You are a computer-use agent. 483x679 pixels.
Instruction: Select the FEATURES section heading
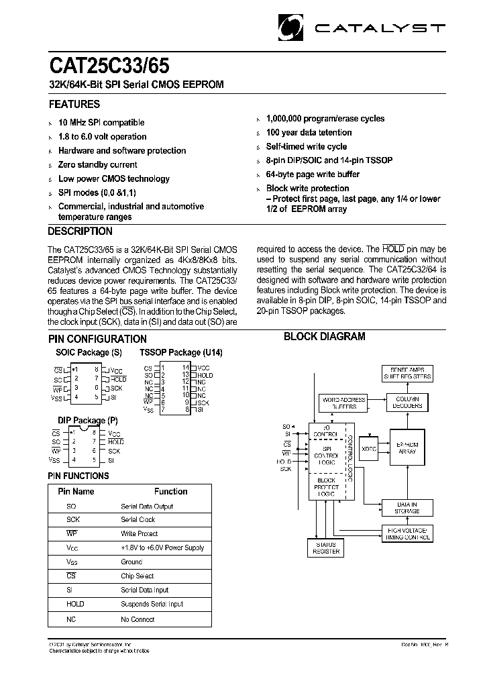pyautogui.click(x=74, y=105)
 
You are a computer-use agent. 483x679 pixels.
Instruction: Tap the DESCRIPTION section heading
pyautogui.click(x=80, y=231)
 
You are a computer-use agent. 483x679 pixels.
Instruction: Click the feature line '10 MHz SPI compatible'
pyautogui.click(x=101, y=123)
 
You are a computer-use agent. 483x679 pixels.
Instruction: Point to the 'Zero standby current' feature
pyautogui.click(x=98, y=165)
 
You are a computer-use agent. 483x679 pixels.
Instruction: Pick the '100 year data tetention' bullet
pyautogui.click(x=309, y=133)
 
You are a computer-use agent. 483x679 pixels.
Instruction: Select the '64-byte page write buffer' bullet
pyautogui.click(x=313, y=174)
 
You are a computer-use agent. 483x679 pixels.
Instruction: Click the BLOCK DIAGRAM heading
pyautogui.click(x=324, y=337)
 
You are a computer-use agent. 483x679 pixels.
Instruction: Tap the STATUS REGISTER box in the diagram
pyautogui.click(x=326, y=547)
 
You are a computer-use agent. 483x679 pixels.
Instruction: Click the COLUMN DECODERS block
pyautogui.click(x=407, y=403)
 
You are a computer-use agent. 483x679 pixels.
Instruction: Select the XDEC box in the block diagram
pyautogui.click(x=368, y=448)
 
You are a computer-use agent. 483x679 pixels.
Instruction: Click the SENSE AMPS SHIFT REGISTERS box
pyautogui.click(x=407, y=373)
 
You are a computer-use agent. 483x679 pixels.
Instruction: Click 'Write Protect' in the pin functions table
pyautogui.click(x=139, y=534)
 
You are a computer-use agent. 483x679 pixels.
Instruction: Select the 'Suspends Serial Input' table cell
pyautogui.click(x=152, y=605)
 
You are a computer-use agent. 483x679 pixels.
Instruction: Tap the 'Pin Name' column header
pyautogui.click(x=76, y=492)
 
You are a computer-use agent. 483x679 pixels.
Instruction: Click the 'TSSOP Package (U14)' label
pyautogui.click(x=180, y=353)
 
